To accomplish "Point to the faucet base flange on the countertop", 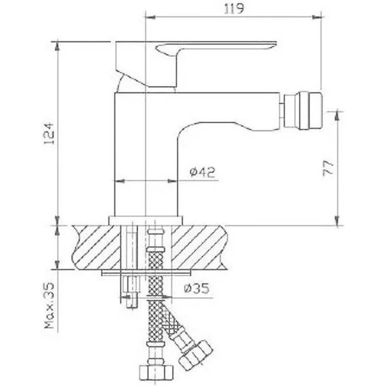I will (147, 220).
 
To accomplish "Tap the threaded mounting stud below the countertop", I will (129, 291).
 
